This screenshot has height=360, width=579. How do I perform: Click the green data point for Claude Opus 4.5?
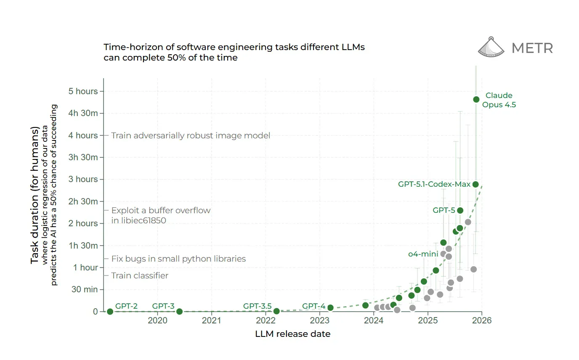476,99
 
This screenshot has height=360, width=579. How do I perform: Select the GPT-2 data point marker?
110,312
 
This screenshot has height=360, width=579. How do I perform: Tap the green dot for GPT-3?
179,312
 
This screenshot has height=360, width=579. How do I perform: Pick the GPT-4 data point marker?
330,308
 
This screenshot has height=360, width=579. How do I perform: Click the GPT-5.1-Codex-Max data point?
475,184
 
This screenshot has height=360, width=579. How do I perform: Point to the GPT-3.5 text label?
257,306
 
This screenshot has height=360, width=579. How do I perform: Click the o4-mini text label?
423,254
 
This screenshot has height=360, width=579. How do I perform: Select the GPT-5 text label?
444,210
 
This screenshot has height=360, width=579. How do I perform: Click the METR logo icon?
491,47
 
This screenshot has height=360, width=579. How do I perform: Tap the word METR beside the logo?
532,48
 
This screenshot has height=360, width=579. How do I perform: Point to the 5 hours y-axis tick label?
83,92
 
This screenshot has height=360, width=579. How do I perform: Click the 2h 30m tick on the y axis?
83,201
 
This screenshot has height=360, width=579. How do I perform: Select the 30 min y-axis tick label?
85,289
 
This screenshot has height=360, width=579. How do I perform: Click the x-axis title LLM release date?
292,334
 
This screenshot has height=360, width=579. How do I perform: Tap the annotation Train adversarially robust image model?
191,135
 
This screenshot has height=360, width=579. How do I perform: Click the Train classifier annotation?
140,276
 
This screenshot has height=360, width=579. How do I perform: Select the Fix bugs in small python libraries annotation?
178,259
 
